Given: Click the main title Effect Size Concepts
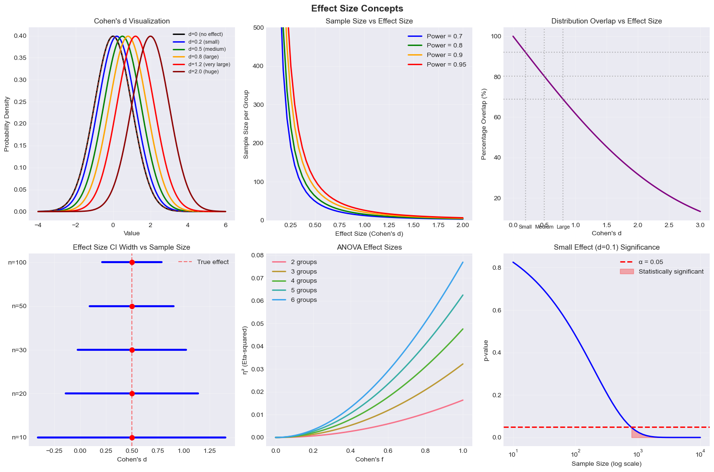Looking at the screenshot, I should point(357,9).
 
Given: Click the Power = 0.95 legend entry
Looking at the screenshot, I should point(446,65).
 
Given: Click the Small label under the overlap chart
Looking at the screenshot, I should point(525,227).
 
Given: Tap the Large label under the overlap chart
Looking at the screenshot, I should point(563,227).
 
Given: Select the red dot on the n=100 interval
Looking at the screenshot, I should point(132,262).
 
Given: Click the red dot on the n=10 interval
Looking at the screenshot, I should point(132,437).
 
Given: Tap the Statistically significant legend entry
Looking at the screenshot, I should point(671,272).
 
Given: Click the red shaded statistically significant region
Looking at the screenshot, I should point(636,434).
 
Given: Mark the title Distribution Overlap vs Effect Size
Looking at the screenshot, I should point(606,21).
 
